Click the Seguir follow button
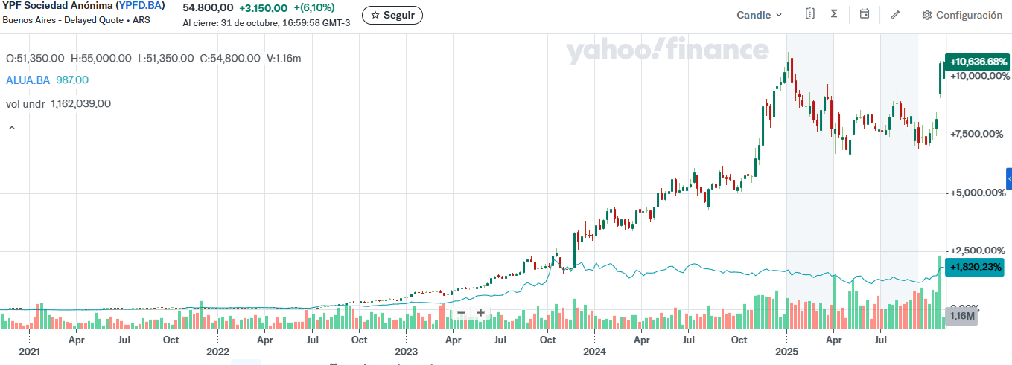[x=392, y=15]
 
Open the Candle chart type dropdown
[x=760, y=15]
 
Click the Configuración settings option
[x=961, y=15]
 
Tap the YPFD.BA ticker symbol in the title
[x=140, y=6]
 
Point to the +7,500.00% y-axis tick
[x=978, y=134]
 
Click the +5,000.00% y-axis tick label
[x=978, y=193]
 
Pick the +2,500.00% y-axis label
[x=978, y=251]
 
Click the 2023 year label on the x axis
[x=406, y=351]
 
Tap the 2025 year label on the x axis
[x=786, y=351]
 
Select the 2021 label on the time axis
[x=29, y=351]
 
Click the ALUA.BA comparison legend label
[x=28, y=80]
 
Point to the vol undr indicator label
[x=25, y=104]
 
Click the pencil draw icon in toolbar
[x=894, y=15]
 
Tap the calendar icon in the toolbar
[x=864, y=14]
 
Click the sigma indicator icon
[x=834, y=14]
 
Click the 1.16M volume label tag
[x=962, y=316]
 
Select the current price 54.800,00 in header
[x=208, y=7]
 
